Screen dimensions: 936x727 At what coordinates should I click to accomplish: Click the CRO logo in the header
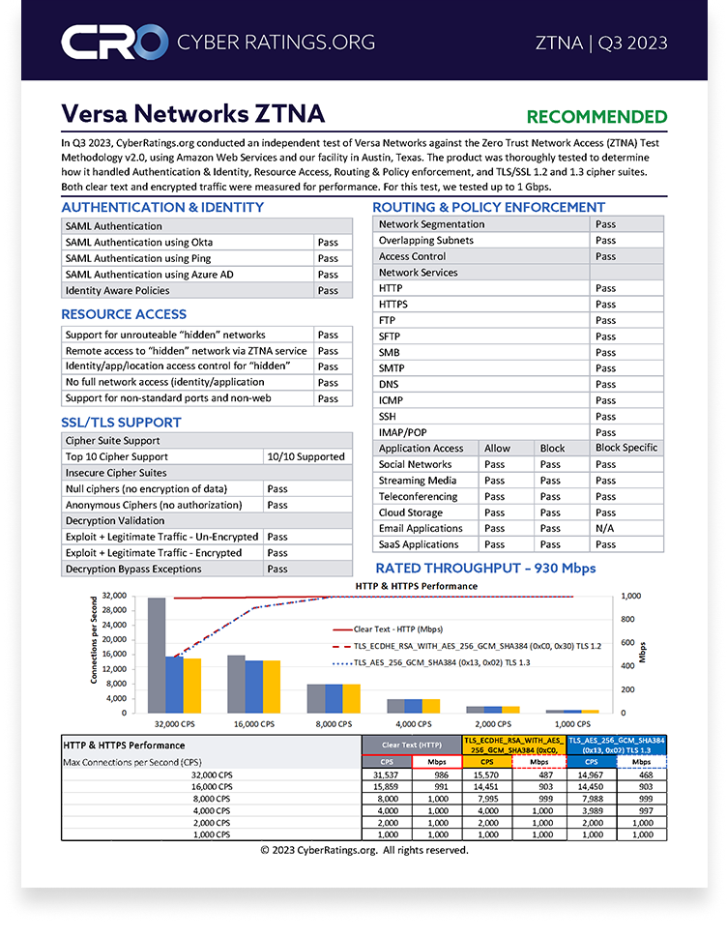click(x=114, y=42)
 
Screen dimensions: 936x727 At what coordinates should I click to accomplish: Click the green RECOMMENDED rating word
click(x=596, y=117)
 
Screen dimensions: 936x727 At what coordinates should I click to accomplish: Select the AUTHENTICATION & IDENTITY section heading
click(x=162, y=207)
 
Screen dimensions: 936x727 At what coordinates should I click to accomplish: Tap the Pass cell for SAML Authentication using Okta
click(x=328, y=243)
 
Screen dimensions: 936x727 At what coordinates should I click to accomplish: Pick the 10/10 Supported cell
click(x=305, y=456)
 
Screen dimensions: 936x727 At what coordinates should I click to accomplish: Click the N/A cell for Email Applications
click(x=605, y=529)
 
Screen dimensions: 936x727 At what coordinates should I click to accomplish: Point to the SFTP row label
click(x=391, y=336)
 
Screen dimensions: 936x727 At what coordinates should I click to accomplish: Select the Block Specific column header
click(x=626, y=448)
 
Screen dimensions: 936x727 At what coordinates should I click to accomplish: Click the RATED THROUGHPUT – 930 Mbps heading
click(x=485, y=568)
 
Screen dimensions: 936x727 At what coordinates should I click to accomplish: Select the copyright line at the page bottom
click(x=363, y=850)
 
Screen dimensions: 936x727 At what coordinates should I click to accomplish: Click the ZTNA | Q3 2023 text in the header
click(x=601, y=43)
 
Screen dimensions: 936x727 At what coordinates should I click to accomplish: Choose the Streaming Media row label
click(x=418, y=481)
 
